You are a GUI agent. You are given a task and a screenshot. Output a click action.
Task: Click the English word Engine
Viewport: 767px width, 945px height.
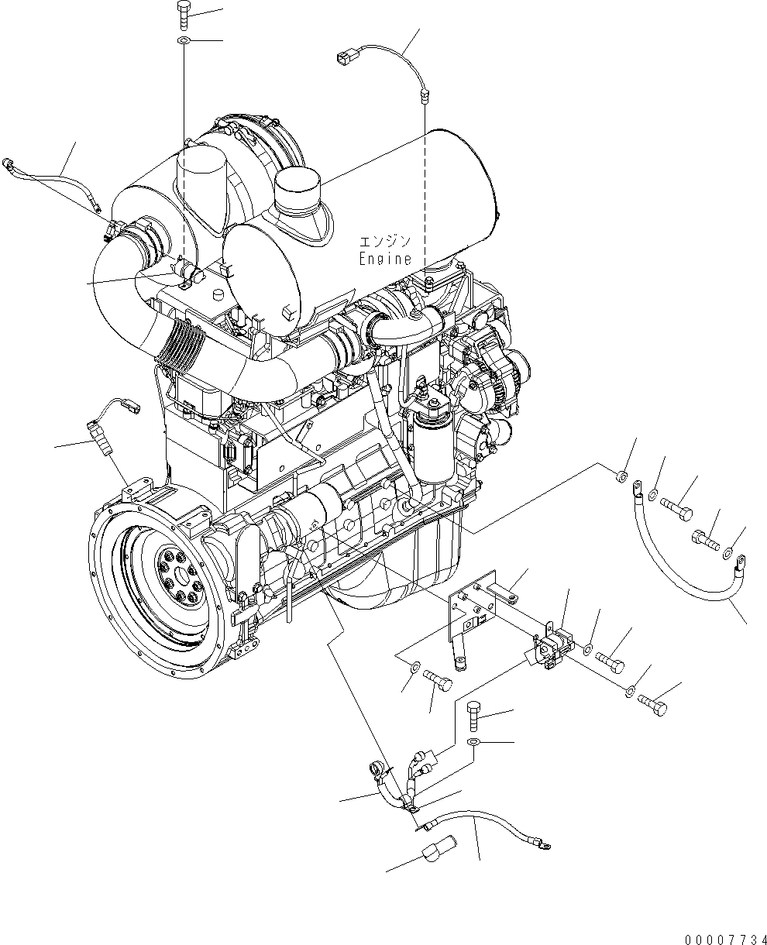point(385,259)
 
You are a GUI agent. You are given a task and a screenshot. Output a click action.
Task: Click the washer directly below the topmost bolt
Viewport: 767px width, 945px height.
point(184,40)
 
